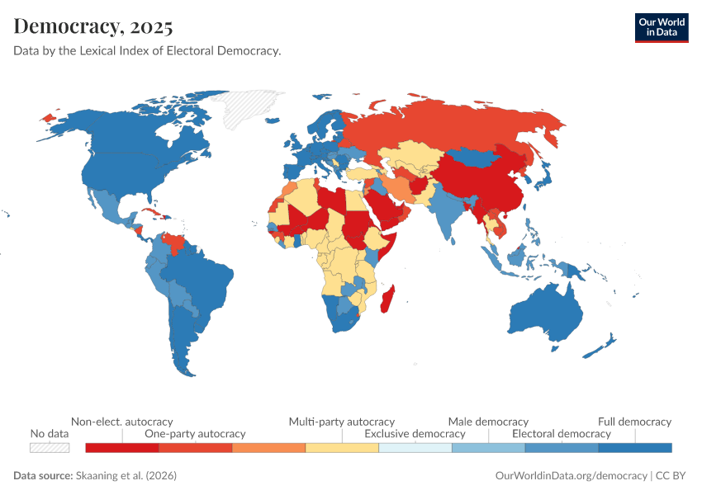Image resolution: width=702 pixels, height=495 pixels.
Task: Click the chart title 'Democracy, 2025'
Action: click(x=93, y=26)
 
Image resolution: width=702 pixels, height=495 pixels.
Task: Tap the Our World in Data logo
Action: click(x=661, y=27)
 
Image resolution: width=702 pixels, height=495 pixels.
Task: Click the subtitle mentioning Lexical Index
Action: click(x=147, y=51)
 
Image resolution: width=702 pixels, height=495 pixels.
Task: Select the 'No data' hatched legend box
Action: click(x=50, y=447)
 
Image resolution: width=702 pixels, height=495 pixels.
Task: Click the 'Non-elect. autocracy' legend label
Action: click(x=121, y=422)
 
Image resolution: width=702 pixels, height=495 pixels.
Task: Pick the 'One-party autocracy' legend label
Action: click(x=195, y=433)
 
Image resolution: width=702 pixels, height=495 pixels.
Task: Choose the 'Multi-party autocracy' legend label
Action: click(x=341, y=422)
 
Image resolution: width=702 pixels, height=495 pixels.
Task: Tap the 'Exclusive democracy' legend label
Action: click(x=415, y=433)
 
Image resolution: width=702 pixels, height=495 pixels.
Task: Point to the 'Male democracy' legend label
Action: click(x=488, y=422)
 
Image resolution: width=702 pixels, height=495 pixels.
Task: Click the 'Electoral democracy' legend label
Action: click(x=562, y=433)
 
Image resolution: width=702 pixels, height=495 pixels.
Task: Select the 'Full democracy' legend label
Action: click(x=634, y=422)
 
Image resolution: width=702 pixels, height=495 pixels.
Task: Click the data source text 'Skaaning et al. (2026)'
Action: click(x=125, y=476)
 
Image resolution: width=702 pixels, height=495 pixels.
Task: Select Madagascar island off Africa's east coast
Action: click(x=386, y=298)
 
